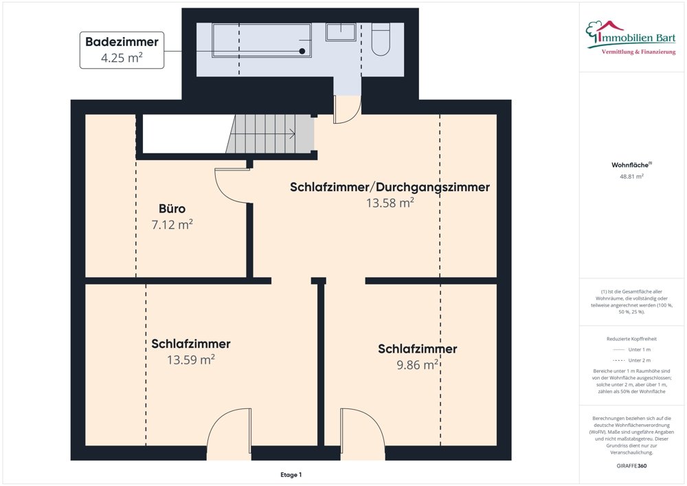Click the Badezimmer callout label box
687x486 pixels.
pyautogui.click(x=122, y=50)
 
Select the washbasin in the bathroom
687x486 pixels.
pyautogui.click(x=340, y=32)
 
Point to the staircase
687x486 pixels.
pyautogui.click(x=270, y=134)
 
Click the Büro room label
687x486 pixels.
pyautogui.click(x=172, y=208)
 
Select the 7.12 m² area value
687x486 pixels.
pyautogui.click(x=172, y=224)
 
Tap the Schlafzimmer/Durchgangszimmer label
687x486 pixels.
pyautogui.click(x=390, y=187)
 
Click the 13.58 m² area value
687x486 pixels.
pyautogui.click(x=390, y=203)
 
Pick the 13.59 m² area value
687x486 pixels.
pyautogui.click(x=191, y=360)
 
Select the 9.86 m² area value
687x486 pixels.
pyautogui.click(x=417, y=365)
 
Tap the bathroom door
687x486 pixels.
pyautogui.click(x=347, y=110)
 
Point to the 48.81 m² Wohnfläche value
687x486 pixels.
pyautogui.click(x=631, y=177)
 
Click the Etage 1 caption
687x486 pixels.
pyautogui.click(x=291, y=475)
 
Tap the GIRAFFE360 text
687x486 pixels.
pyautogui.click(x=631, y=466)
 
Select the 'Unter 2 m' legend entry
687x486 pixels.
pyautogui.click(x=631, y=360)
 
